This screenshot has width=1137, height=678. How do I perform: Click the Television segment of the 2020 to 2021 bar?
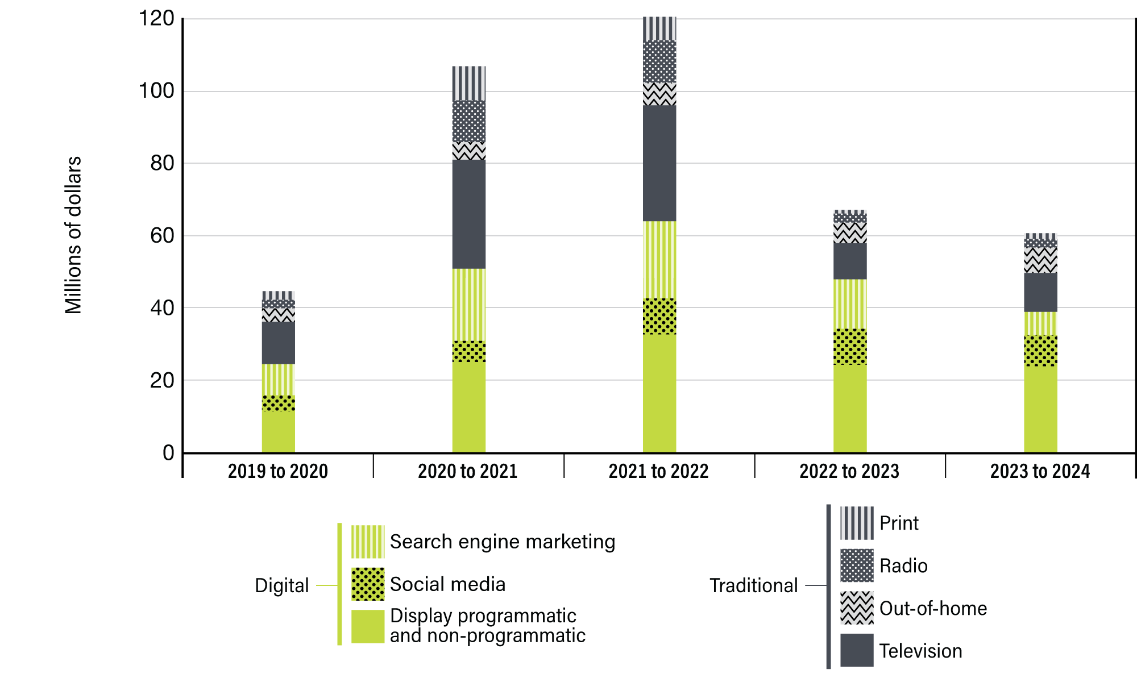tap(469, 214)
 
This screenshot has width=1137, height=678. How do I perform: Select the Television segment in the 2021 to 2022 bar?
tap(659, 164)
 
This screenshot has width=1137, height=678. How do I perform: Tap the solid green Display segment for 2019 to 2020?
tap(279, 431)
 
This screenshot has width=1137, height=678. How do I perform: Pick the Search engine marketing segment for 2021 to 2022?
tap(659, 260)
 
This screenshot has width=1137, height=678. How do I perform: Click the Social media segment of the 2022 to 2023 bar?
tap(850, 347)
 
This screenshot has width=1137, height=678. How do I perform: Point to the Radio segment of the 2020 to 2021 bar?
tap(469, 122)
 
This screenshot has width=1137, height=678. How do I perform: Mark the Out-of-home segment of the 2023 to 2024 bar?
tap(1040, 260)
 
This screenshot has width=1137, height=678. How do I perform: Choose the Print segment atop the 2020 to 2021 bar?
tap(469, 84)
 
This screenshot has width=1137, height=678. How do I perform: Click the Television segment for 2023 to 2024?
tap(1040, 293)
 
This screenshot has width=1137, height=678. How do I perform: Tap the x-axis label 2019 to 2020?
tap(278, 471)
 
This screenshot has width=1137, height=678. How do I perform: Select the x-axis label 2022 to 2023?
tap(849, 471)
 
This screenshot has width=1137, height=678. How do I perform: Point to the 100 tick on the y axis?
tap(156, 91)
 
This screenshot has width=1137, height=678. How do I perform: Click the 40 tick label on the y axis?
tap(162, 308)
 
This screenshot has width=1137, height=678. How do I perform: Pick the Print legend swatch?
tap(857, 523)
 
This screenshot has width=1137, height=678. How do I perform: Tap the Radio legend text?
tap(903, 565)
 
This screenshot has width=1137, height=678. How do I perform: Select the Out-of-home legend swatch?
tap(857, 608)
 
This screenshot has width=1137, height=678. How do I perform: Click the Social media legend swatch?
tap(368, 584)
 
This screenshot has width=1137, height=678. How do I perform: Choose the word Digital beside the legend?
tap(281, 585)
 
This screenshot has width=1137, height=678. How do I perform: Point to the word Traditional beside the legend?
tap(753, 585)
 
